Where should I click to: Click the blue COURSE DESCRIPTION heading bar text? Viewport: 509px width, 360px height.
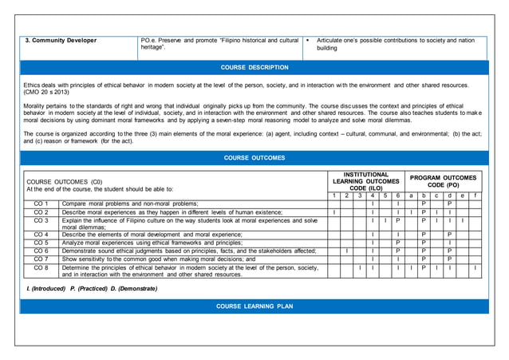(x=254, y=68)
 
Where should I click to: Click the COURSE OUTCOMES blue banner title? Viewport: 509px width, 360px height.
(x=254, y=158)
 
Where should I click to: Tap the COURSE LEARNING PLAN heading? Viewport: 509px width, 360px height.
(x=254, y=307)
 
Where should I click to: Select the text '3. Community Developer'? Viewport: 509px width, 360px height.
(x=61, y=40)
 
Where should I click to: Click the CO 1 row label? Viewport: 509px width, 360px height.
(x=41, y=204)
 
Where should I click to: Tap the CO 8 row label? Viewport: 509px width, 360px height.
(x=41, y=267)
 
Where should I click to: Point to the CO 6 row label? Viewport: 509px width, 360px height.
(x=41, y=251)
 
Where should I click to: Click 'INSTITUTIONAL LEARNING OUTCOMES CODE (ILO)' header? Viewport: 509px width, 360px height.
(x=365, y=181)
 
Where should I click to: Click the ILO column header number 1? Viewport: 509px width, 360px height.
(x=333, y=196)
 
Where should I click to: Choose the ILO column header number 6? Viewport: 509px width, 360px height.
(x=397, y=196)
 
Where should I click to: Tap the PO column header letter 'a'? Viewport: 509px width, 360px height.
(x=410, y=196)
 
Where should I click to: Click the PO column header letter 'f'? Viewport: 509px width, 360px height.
(x=475, y=196)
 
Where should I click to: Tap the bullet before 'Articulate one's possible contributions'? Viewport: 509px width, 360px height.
(x=307, y=40)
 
